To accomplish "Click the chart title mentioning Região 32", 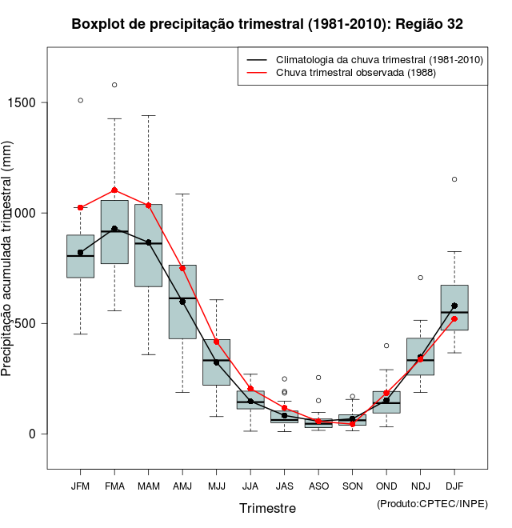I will point(267,25).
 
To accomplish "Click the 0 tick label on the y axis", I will point(34,434).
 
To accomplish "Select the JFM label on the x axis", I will point(80,486).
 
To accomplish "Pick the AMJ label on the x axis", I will point(182,486).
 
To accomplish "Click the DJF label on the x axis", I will point(454,486).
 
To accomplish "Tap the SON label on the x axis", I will point(352,486).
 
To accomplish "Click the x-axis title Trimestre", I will point(267,508).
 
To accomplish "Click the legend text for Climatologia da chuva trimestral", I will point(379,60).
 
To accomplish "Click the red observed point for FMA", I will point(114,190).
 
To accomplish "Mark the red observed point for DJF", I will point(454,319).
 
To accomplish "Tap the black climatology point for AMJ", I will point(182,302).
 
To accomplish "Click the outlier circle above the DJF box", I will point(454,179).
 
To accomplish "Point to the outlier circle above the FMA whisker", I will point(114,85).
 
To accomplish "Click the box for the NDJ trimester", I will point(420,356).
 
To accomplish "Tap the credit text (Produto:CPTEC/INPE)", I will point(432,503).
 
